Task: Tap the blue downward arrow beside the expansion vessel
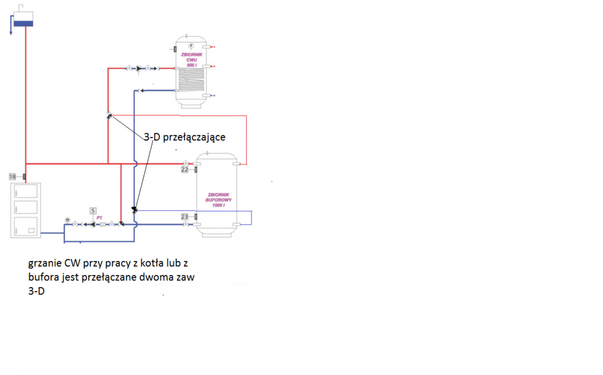click(x=11, y=28)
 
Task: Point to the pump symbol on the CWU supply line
click(x=140, y=69)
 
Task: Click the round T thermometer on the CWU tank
click(x=191, y=46)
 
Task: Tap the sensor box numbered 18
click(x=13, y=177)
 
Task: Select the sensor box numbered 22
click(x=185, y=170)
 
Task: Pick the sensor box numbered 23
click(x=185, y=216)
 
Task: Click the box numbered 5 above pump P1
click(x=93, y=210)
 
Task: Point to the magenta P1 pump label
click(x=99, y=217)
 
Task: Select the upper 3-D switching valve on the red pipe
click(x=109, y=115)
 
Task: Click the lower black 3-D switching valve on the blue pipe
click(x=134, y=210)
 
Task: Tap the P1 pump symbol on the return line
click(x=92, y=224)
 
